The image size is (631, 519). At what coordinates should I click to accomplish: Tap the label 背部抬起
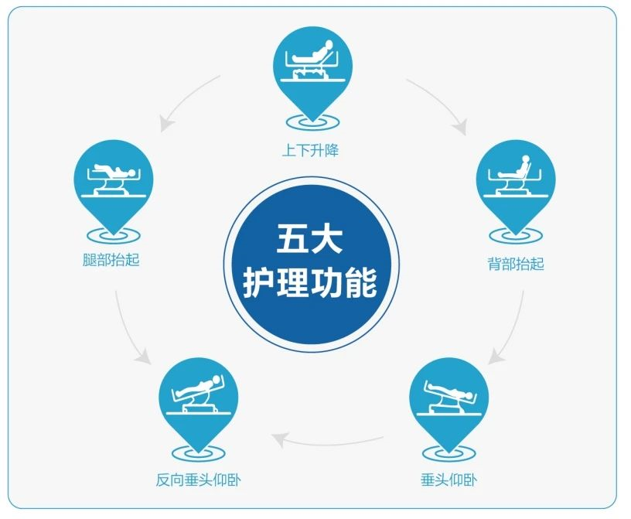pyautogui.click(x=516, y=265)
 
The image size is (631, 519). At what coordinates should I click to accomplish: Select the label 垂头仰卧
pyautogui.click(x=449, y=480)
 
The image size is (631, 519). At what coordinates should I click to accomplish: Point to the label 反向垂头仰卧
pyautogui.click(x=199, y=480)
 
